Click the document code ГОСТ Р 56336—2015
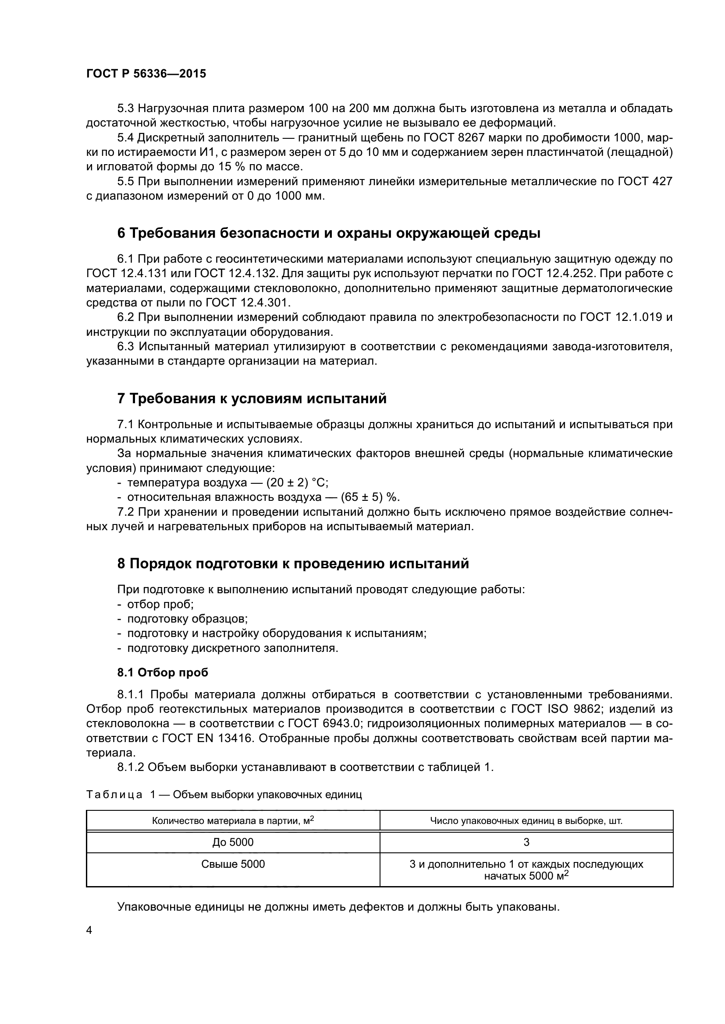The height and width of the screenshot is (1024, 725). point(146,74)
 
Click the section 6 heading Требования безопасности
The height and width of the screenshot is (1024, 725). point(329,233)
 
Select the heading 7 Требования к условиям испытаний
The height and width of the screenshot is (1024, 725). point(252,398)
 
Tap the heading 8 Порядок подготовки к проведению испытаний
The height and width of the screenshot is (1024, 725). point(293,563)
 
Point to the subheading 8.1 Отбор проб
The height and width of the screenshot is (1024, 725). point(163,672)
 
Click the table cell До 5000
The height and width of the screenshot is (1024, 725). point(233,842)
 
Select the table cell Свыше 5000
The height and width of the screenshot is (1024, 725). point(233,864)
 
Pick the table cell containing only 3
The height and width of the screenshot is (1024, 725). point(526,842)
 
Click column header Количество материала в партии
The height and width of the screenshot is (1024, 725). point(233,820)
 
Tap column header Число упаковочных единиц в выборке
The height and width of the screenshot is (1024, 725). point(526,820)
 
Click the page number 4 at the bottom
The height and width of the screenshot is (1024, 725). point(89,931)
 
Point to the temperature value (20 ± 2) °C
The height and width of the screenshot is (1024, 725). point(297,482)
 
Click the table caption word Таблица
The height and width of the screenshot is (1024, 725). point(114,794)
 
